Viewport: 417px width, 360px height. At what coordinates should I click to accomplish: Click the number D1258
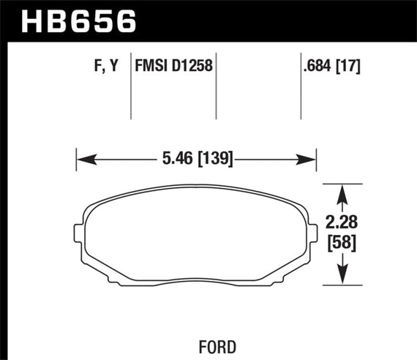[192, 67]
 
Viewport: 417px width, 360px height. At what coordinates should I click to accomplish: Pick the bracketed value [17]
[351, 67]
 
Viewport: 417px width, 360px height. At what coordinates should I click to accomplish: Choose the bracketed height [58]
[342, 242]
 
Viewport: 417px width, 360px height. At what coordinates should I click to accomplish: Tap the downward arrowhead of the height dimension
[342, 278]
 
